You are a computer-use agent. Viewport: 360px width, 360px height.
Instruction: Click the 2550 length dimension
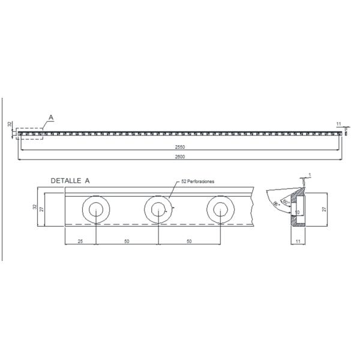click(x=179, y=146)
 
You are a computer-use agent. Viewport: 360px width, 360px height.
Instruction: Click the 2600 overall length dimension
click(x=179, y=157)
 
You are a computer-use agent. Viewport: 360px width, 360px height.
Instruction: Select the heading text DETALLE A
click(x=70, y=180)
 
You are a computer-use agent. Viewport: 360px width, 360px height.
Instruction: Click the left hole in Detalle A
click(x=96, y=209)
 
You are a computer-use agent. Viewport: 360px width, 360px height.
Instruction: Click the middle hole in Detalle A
click(x=158, y=209)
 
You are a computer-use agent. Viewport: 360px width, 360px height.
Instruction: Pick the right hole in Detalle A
click(x=220, y=209)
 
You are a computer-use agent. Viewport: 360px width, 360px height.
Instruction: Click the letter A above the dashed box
click(x=50, y=117)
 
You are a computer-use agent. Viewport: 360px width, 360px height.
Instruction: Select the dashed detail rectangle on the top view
click(x=29, y=133)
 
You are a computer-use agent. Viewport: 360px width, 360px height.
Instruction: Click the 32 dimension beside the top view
click(x=10, y=124)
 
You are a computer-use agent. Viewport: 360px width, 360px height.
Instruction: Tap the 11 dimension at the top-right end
click(x=339, y=124)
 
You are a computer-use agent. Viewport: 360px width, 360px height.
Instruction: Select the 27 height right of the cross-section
click(x=324, y=209)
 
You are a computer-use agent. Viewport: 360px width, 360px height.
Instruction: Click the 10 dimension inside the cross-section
click(x=297, y=212)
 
